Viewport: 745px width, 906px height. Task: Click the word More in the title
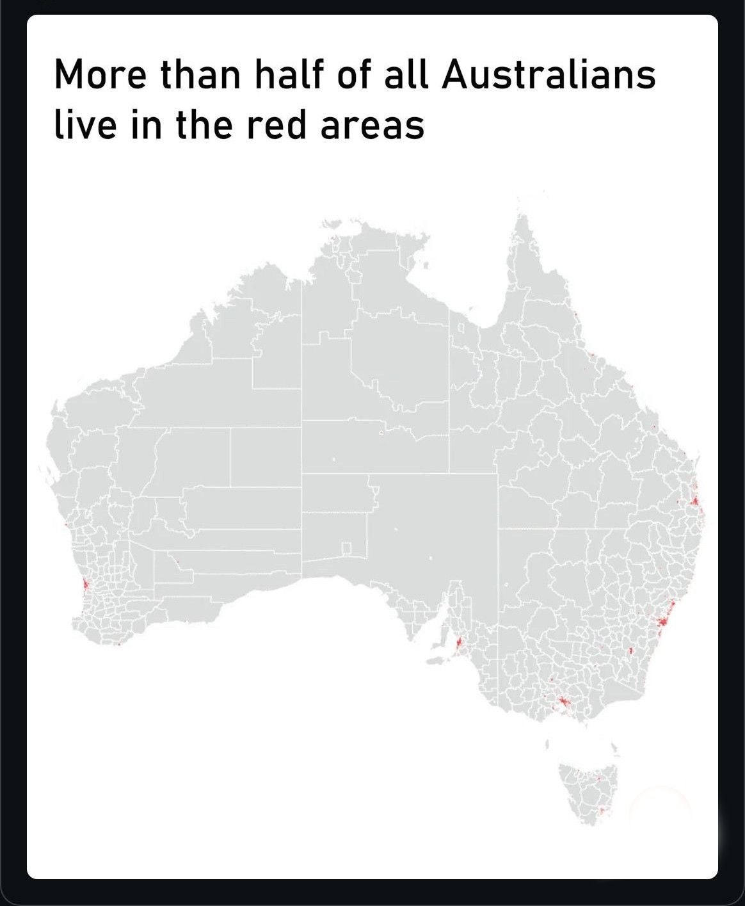pos(100,74)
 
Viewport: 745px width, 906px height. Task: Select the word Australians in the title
pos(549,74)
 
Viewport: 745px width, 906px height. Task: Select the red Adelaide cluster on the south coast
pos(459,643)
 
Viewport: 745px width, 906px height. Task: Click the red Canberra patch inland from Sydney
pos(630,651)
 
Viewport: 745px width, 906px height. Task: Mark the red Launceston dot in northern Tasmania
pos(597,779)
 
